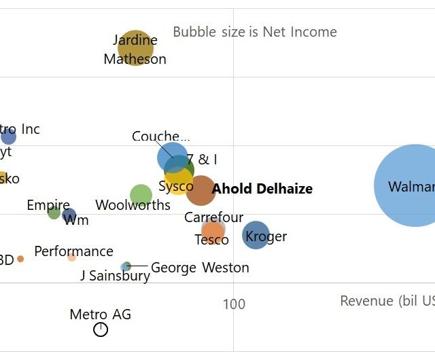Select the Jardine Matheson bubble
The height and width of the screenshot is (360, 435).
pos(135,48)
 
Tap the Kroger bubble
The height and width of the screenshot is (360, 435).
pos(256,235)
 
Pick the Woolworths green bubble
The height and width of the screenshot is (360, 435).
pos(141,195)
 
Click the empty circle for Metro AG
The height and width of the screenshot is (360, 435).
pos(101,329)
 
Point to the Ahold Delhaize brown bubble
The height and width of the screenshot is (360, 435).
pos(201,190)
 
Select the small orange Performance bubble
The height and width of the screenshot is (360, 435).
pos(71,257)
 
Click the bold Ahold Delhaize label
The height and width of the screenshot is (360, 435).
pos(262,189)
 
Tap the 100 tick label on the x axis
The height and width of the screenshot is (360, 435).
pos(234,304)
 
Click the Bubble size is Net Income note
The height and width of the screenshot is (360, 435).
pos(255,32)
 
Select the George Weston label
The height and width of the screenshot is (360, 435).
pos(200,268)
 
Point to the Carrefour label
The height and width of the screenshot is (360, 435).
pos(213,217)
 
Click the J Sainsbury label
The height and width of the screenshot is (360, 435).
pos(115,276)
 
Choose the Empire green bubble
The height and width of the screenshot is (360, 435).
pos(54,213)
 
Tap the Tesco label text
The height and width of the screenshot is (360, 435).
pos(211,240)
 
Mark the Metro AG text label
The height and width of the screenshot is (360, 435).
pos(101,314)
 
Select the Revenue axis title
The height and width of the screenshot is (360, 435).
pos(387,301)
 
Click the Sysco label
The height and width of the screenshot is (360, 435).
pos(175,186)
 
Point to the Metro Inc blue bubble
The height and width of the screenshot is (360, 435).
pos(8,137)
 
